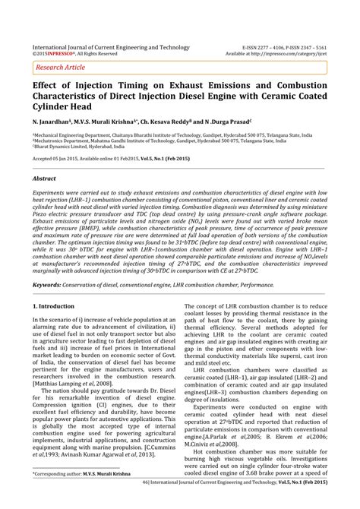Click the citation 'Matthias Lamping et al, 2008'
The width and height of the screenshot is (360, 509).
(x=72, y=384)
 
